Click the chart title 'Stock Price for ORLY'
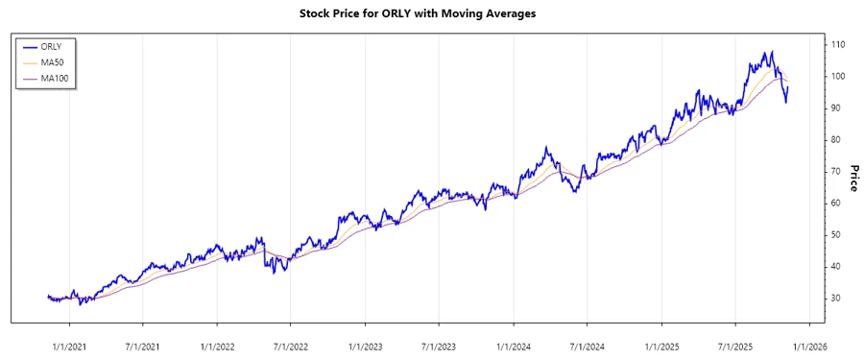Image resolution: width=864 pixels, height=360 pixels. [431, 13]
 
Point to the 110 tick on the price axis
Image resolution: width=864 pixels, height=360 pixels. [837, 45]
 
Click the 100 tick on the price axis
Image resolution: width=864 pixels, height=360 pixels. [837, 77]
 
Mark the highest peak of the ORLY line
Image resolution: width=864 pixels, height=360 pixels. [772, 52]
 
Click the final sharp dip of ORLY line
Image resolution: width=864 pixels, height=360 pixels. [786, 102]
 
